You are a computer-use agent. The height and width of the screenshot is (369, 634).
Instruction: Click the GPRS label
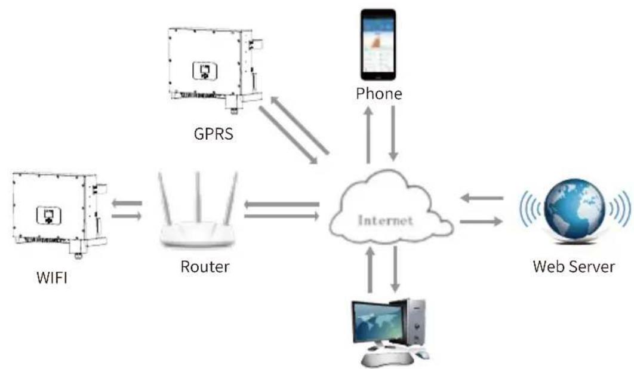click(x=214, y=134)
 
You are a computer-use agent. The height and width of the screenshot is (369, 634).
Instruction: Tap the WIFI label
click(x=52, y=278)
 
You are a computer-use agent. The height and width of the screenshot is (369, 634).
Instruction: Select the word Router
click(x=205, y=267)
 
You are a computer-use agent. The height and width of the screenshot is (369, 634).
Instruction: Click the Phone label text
click(x=379, y=94)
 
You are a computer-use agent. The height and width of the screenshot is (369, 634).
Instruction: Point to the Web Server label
click(x=574, y=267)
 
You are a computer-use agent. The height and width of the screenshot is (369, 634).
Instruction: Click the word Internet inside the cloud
click(x=385, y=220)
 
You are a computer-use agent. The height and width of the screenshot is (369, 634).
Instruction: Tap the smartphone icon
click(x=378, y=45)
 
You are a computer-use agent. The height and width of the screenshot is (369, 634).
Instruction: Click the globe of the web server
click(x=574, y=210)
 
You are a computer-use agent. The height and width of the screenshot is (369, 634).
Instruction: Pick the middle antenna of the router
click(x=198, y=198)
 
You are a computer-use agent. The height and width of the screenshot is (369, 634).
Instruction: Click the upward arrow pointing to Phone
click(x=368, y=135)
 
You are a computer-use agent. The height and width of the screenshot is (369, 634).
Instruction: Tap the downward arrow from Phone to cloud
click(x=393, y=133)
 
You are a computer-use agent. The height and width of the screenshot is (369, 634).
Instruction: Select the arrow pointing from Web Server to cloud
click(x=482, y=198)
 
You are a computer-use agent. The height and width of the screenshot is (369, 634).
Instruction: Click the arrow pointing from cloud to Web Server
click(x=481, y=222)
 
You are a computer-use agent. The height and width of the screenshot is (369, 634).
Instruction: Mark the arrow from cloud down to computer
click(x=395, y=269)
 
